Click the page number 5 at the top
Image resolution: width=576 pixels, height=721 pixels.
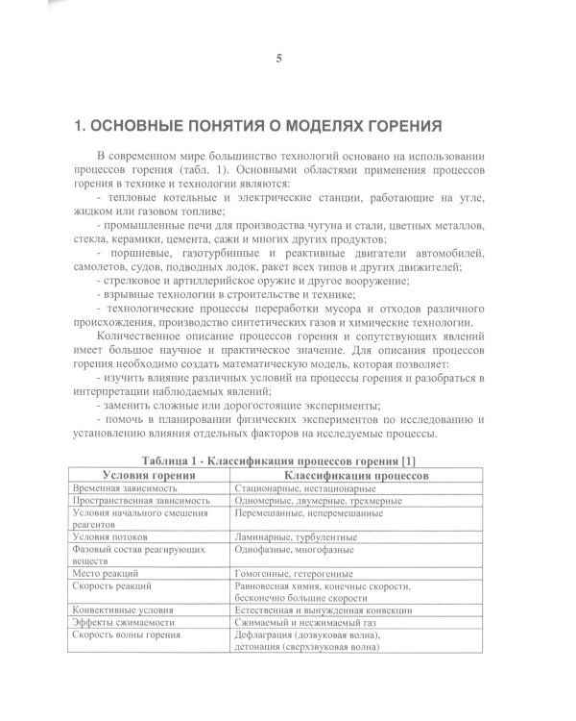[278, 59]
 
